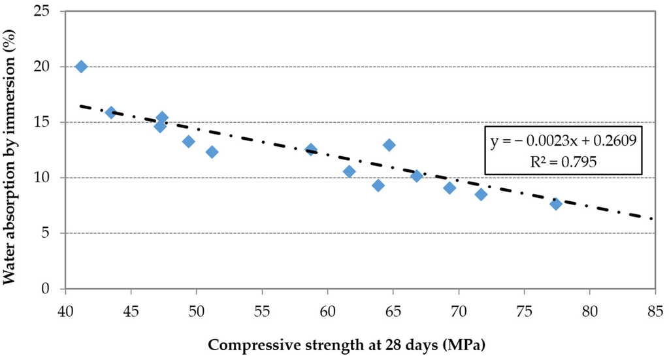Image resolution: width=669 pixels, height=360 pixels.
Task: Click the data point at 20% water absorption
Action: pyautogui.click(x=81, y=67)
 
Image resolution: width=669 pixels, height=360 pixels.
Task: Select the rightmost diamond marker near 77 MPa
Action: pyautogui.click(x=555, y=204)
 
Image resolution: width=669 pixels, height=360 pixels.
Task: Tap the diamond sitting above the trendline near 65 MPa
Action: pyautogui.click(x=389, y=145)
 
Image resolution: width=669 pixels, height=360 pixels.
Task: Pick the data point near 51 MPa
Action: pyautogui.click(x=212, y=152)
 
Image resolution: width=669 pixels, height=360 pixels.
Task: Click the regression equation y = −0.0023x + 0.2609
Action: pyautogui.click(x=563, y=140)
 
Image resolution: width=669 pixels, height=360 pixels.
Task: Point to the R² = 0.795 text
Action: pyautogui.click(x=563, y=161)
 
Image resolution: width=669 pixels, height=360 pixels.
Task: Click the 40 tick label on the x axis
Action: pyautogui.click(x=65, y=312)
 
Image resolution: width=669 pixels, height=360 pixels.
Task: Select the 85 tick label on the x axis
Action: pyautogui.click(x=655, y=312)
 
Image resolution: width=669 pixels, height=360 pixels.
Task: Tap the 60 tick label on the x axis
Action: pyautogui.click(x=328, y=312)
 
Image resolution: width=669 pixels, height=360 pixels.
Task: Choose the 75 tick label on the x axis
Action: pyautogui.click(x=525, y=312)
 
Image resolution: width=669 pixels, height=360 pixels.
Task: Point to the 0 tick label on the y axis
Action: pyautogui.click(x=46, y=289)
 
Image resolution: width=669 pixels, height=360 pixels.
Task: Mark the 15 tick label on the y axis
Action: pyautogui.click(x=42, y=122)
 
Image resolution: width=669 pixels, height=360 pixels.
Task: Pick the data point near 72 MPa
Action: pyautogui.click(x=481, y=195)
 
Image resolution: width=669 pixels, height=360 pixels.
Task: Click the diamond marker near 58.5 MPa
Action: pyautogui.click(x=310, y=149)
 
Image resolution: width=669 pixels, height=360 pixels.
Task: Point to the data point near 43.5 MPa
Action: pyautogui.click(x=111, y=112)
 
